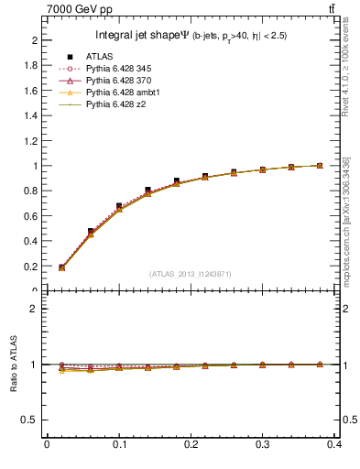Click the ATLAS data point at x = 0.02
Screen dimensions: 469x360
click(61, 267)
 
